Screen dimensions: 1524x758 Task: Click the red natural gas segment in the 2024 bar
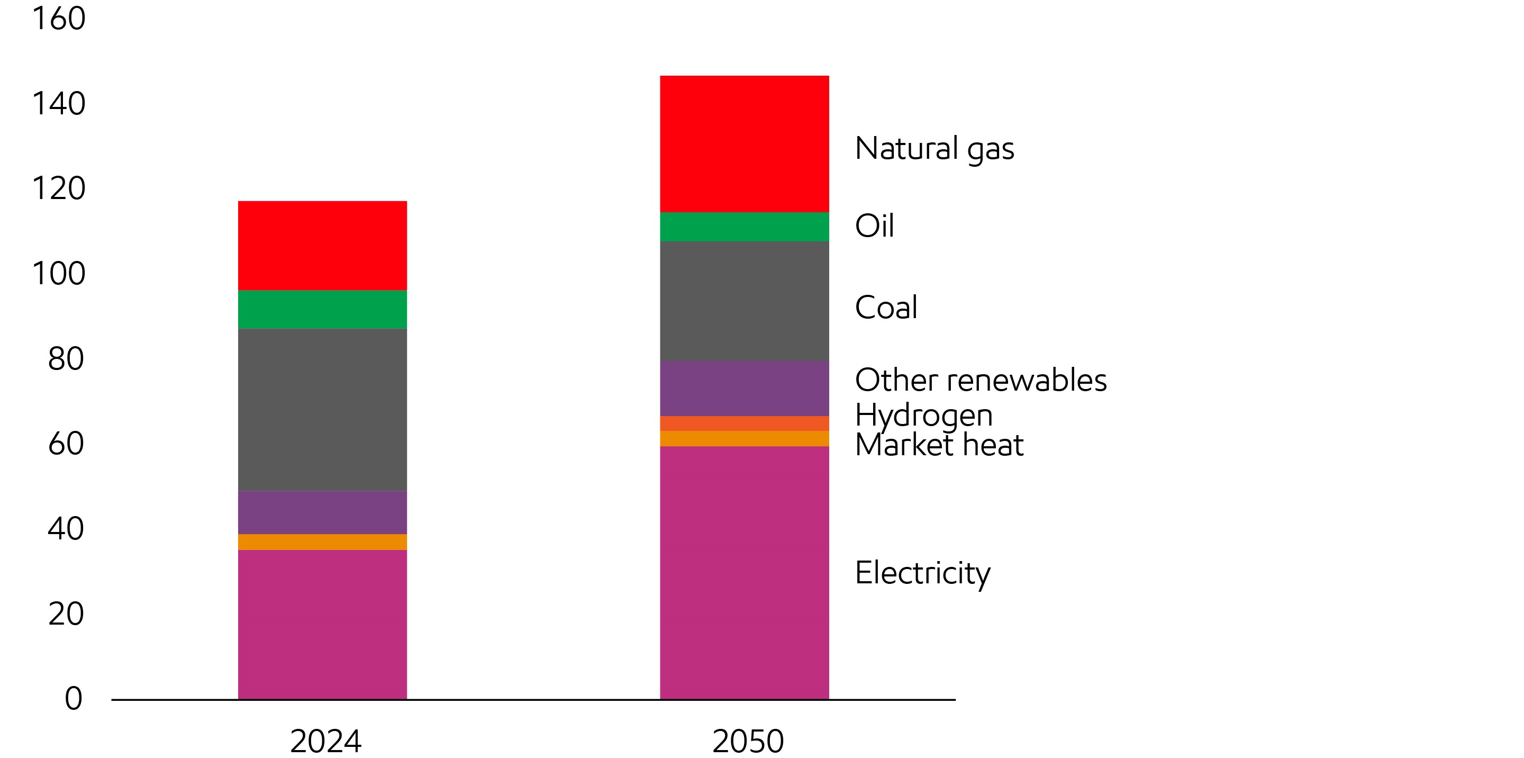[322, 246]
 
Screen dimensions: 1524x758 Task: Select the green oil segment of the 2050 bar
[744, 227]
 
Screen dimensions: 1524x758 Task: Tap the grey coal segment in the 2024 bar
[322, 410]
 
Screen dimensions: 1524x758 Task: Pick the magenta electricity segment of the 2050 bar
[744, 572]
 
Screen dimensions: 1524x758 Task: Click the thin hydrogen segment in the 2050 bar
[744, 423]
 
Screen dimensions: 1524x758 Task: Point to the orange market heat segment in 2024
[322, 542]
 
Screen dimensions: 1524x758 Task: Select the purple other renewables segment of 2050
[744, 389]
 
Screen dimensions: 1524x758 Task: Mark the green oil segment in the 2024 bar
[322, 310]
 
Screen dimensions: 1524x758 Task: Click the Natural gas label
[934, 149]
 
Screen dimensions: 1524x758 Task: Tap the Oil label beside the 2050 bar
[874, 225]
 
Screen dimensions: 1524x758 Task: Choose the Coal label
[886, 308]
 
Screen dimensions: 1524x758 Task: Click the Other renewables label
[981, 380]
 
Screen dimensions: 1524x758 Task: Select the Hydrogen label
[923, 416]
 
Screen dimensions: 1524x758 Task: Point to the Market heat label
[939, 445]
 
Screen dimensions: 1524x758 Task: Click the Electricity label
[922, 573]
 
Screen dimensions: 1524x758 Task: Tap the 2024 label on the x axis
[325, 741]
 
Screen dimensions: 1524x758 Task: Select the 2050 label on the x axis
[748, 741]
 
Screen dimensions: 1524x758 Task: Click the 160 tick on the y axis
[59, 19]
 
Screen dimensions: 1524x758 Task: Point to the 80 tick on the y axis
[66, 358]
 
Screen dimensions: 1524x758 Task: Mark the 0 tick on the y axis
[74, 698]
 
